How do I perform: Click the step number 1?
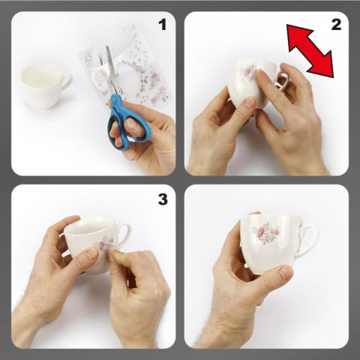coord(163,25)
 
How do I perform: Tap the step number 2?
coord(336,25)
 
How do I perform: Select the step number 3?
coord(163,199)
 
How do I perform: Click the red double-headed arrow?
coord(310,51)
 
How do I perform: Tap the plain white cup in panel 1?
coord(46,85)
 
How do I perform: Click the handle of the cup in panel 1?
coord(66,82)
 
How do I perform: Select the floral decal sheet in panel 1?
coord(126,66)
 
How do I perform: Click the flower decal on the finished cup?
coord(265,232)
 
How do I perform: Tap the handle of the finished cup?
coord(307,241)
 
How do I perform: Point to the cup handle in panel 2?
coord(283,80)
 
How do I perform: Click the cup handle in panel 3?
coord(124,235)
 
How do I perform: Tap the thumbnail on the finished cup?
coord(286,273)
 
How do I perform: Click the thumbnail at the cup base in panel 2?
coord(249,103)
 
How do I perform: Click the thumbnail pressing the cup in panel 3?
coord(91,253)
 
